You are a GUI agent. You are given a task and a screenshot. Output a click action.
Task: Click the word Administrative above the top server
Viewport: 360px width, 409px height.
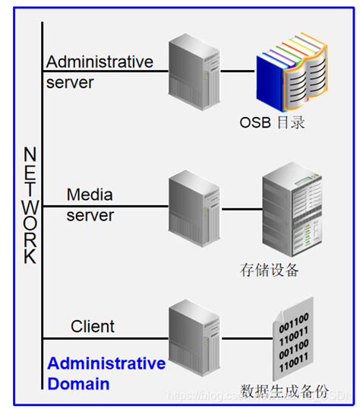(x=99, y=62)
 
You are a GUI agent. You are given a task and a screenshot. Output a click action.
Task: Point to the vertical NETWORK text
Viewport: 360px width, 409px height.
(x=30, y=205)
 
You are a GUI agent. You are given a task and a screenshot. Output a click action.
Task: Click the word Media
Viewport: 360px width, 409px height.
(x=90, y=195)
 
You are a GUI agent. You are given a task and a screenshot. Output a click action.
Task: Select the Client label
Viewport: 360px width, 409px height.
(x=93, y=327)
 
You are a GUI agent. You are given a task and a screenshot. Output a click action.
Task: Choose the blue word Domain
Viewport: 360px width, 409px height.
(x=78, y=384)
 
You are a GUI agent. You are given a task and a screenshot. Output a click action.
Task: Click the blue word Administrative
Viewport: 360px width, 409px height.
(x=106, y=364)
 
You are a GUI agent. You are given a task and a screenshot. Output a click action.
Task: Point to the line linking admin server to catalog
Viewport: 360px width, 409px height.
(x=237, y=71)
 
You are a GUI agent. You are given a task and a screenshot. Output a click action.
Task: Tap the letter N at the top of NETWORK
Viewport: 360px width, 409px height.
(x=30, y=154)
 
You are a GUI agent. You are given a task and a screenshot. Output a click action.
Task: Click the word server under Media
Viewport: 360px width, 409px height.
(x=90, y=215)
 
